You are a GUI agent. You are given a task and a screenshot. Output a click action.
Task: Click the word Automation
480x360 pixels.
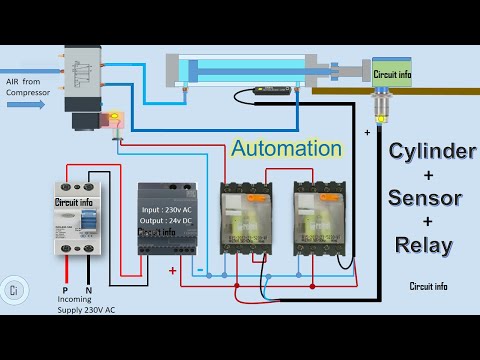pos(287,149)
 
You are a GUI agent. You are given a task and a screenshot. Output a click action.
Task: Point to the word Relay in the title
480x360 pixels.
pos(423,244)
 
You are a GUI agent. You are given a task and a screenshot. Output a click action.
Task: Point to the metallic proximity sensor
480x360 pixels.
pos(381,101)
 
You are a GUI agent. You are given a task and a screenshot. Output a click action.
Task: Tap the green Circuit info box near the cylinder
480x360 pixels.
pos(391,73)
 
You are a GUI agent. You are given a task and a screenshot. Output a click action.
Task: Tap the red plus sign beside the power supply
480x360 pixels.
pos(173,271)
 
